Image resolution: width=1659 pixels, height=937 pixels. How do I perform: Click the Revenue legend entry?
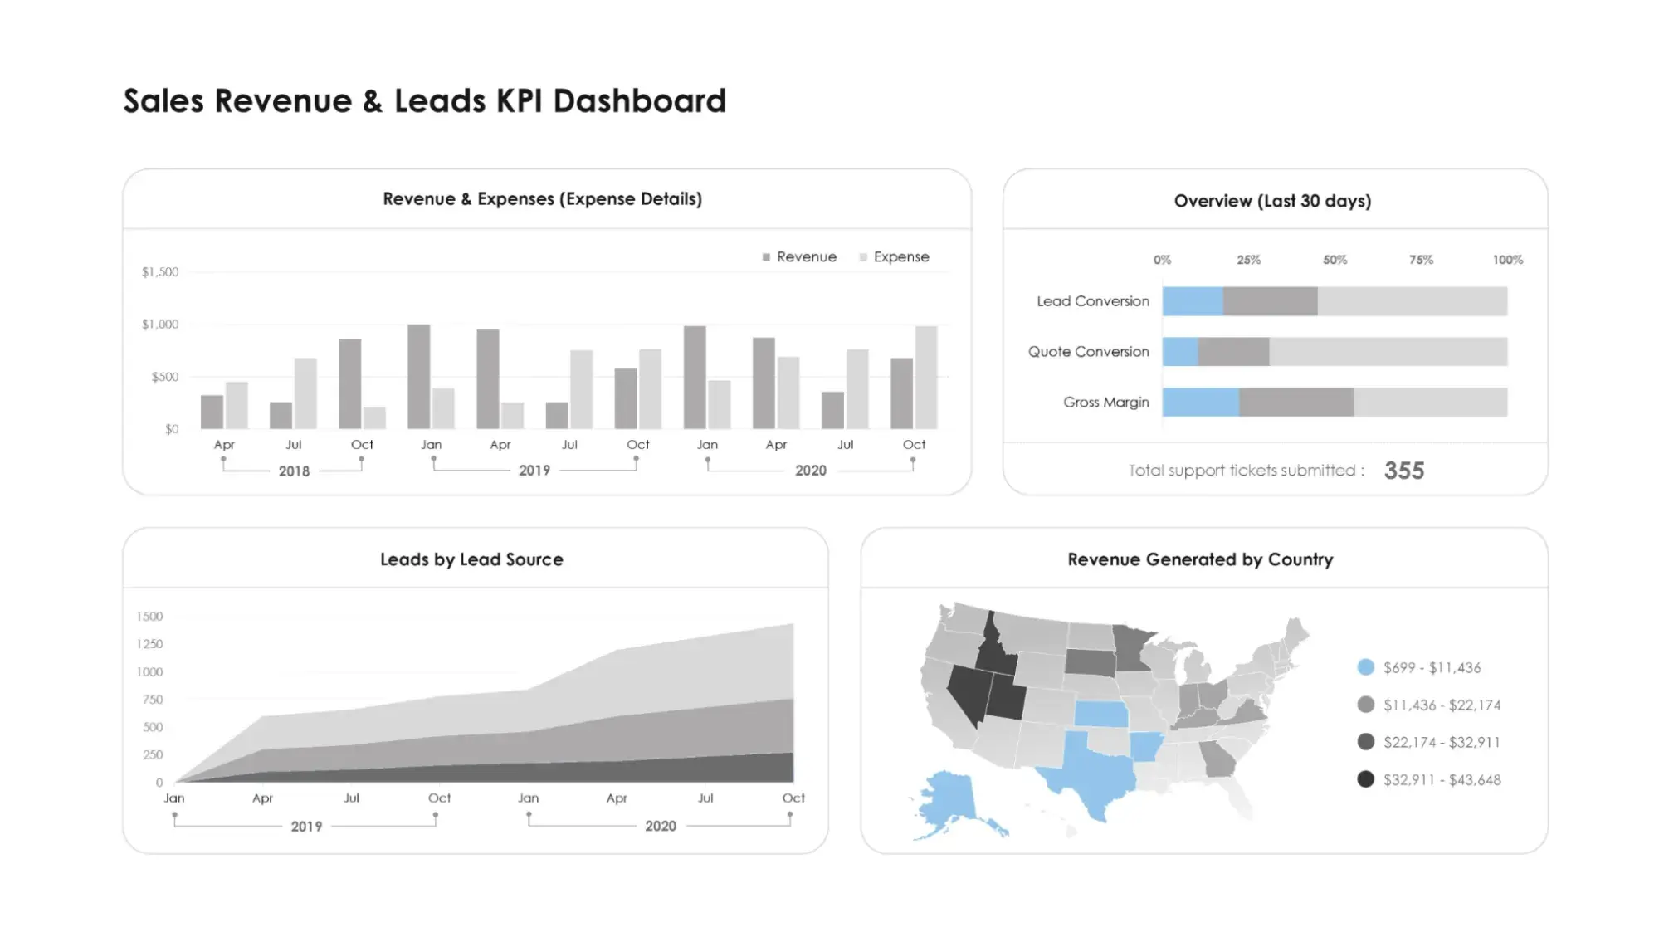tap(799, 257)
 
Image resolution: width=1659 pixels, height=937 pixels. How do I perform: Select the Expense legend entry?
tap(895, 257)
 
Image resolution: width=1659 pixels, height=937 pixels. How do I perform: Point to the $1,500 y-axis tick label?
tap(160, 272)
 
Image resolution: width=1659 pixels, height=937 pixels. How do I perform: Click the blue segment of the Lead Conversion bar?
tap(1193, 301)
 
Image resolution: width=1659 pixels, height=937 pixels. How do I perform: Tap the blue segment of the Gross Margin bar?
tap(1201, 403)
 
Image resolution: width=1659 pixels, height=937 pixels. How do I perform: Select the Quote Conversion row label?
tap(1088, 352)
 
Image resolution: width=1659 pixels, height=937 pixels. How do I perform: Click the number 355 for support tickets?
tap(1403, 471)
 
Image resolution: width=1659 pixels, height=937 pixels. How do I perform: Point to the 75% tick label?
tap(1421, 260)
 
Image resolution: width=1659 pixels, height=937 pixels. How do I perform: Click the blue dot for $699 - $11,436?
tap(1365, 667)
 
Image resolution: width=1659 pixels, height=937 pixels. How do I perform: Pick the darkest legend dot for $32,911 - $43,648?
tap(1365, 779)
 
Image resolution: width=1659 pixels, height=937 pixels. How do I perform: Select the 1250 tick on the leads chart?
tap(149, 644)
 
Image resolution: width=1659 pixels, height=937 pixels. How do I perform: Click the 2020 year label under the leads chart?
tap(661, 826)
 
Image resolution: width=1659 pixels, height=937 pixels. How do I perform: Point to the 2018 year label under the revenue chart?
tap(294, 471)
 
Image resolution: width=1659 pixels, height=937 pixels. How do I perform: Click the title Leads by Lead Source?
tap(471, 559)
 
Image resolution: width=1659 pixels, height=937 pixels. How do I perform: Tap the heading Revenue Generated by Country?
tap(1200, 559)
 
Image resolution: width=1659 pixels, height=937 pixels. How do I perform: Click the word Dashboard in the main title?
tap(639, 101)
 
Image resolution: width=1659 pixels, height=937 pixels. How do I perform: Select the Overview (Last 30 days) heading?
tap(1272, 201)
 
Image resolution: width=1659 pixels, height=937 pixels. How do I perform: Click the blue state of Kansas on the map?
tap(1101, 714)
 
